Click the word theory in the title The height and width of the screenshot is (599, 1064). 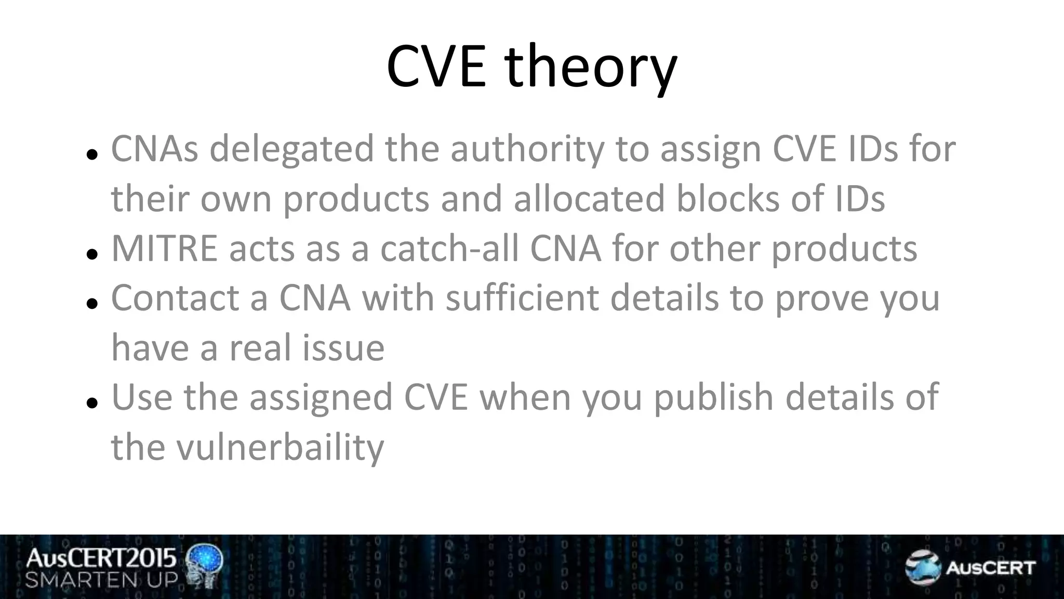tap(591, 68)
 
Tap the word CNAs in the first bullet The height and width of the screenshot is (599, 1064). tap(154, 149)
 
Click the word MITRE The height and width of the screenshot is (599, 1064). tap(164, 249)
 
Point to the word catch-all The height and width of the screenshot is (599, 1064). tap(449, 249)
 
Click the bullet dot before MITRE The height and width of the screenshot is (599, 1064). tap(92, 254)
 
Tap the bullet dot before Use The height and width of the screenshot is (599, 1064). tap(92, 402)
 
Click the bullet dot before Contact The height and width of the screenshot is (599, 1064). tap(92, 303)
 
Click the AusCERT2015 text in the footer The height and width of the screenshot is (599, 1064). tap(101, 558)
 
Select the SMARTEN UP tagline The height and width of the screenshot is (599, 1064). tap(101, 580)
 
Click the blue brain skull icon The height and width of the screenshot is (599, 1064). tap(205, 566)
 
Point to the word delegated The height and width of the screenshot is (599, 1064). tap(291, 149)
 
